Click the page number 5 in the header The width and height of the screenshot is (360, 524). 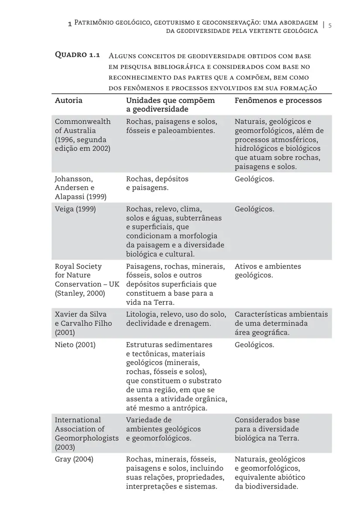pyautogui.click(x=330, y=25)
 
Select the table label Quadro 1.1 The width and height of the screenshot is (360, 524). pyautogui.click(x=77, y=55)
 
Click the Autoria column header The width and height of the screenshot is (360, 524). pyautogui.click(x=69, y=100)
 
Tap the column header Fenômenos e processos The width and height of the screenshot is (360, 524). pyautogui.click(x=278, y=100)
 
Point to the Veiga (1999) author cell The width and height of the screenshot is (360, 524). pyautogui.click(x=75, y=209)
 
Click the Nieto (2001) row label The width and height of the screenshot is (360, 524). pyautogui.click(x=75, y=345)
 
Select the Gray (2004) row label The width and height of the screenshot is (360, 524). pyautogui.click(x=74, y=459)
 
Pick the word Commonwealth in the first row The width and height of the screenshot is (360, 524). pyautogui.click(x=82, y=121)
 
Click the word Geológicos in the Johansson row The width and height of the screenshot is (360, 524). pyautogui.click(x=254, y=179)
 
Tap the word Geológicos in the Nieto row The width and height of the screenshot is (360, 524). pyautogui.click(x=254, y=345)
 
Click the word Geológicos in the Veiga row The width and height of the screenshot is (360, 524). pyautogui.click(x=254, y=209)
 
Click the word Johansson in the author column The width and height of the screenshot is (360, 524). pyautogui.click(x=73, y=179)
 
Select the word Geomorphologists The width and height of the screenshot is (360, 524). pyautogui.click(x=86, y=438)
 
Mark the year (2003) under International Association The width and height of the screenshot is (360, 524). pyautogui.click(x=65, y=447)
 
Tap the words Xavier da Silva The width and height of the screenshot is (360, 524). pyautogui.click(x=80, y=314)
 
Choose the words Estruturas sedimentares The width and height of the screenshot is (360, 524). pyautogui.click(x=169, y=345)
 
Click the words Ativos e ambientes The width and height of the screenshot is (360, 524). pyautogui.click(x=267, y=266)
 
